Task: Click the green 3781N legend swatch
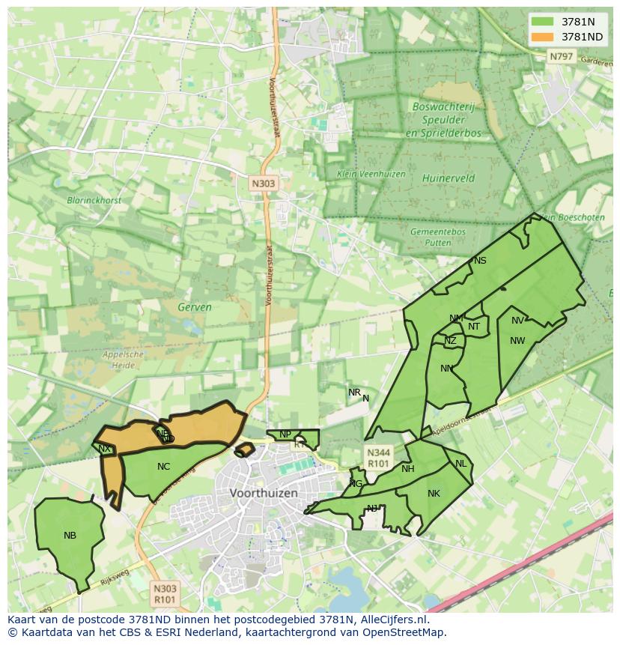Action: [543, 22]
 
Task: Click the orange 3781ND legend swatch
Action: [543, 36]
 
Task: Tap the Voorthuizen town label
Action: [264, 493]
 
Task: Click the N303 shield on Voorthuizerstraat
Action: [263, 183]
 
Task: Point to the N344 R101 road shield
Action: [379, 458]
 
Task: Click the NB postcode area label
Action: [70, 535]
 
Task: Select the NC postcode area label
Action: [163, 466]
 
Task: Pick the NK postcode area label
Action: [434, 493]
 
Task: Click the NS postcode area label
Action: [480, 261]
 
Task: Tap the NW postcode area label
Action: [517, 341]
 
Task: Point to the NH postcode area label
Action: [407, 469]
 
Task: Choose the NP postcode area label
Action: [285, 434]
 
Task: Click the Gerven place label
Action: [195, 306]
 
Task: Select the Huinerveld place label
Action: [448, 178]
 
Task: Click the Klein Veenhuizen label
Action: [371, 174]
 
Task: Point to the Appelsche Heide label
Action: [122, 360]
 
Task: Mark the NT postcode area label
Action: [474, 326]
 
